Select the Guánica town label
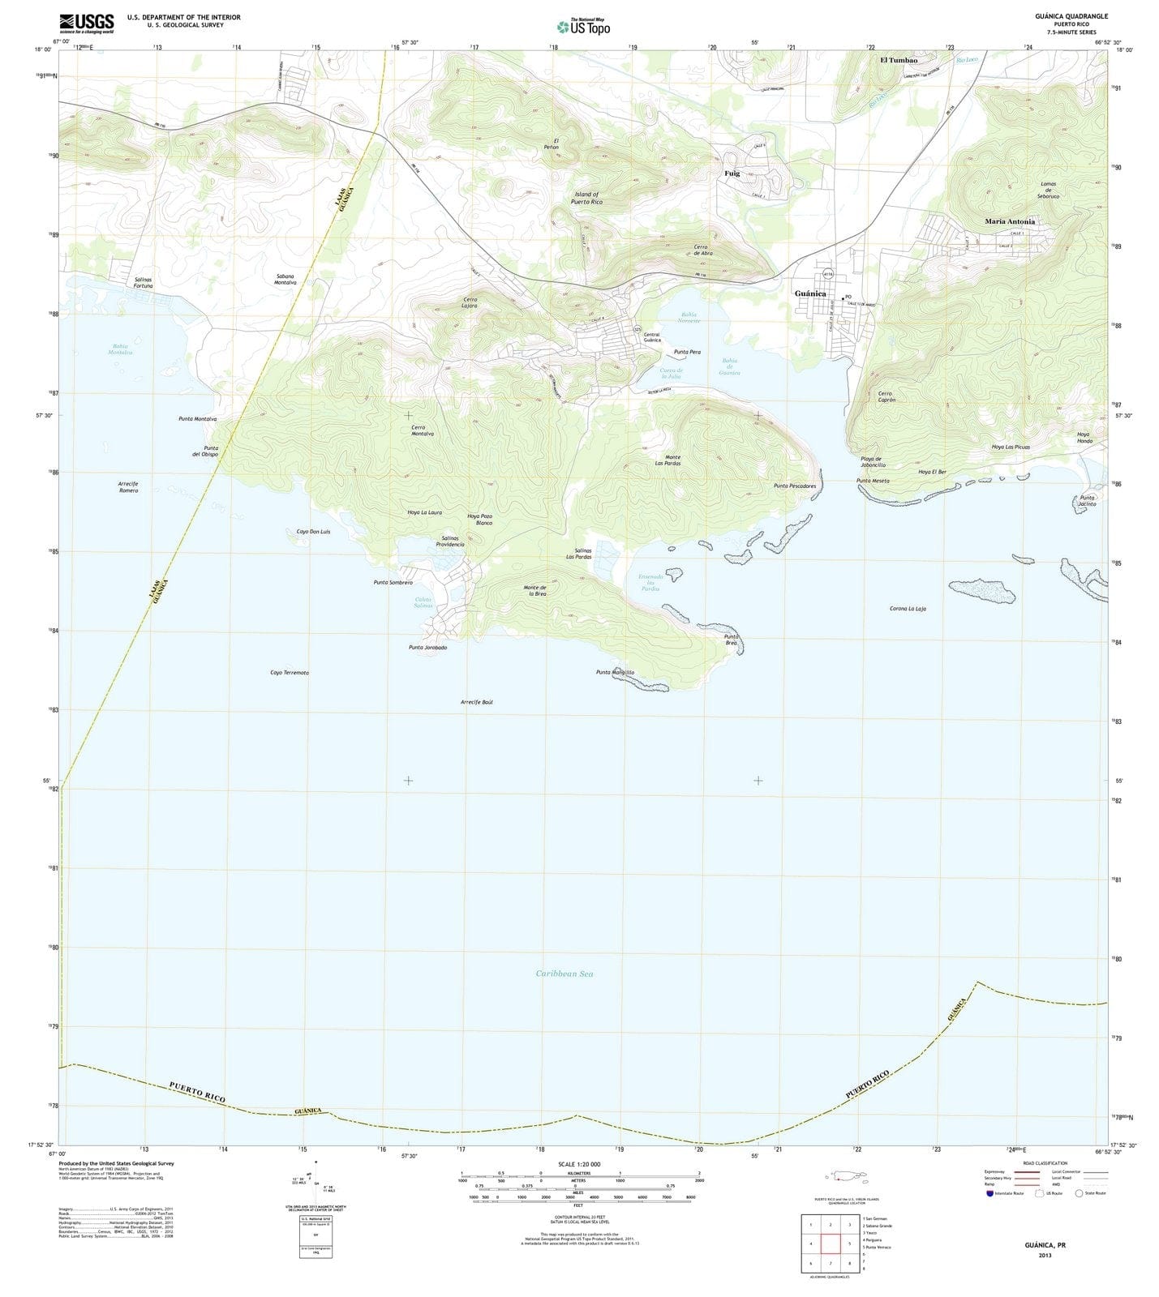coord(810,293)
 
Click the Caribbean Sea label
coord(564,974)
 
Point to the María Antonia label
coord(1010,221)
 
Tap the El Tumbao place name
coord(899,61)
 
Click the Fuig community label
coord(732,173)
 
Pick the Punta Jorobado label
coord(427,648)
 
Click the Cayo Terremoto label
coord(290,673)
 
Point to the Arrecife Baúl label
coord(477,702)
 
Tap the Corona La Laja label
coord(908,609)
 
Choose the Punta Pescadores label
coord(794,486)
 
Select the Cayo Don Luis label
coord(308,531)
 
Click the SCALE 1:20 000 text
coord(579,1164)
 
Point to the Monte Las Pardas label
coord(667,460)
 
